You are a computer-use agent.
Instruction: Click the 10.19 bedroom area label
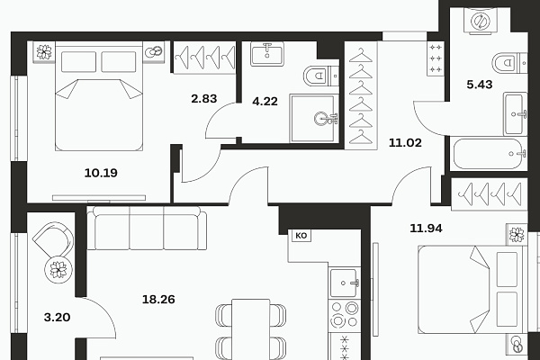101,173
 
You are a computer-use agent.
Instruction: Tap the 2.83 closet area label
204,99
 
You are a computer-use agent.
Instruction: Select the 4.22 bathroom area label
265,102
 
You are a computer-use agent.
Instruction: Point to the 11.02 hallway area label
405,142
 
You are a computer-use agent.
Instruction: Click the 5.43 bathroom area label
480,85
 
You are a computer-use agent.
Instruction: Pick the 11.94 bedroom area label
426,228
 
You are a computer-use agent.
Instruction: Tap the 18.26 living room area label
158,300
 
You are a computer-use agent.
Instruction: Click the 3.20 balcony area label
58,318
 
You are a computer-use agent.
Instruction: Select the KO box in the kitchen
301,236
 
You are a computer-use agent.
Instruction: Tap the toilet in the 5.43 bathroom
509,63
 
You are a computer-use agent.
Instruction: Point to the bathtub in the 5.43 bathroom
489,154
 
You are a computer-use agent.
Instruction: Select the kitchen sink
344,283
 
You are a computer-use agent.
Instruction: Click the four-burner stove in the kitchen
345,314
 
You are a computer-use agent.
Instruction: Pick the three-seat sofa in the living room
147,228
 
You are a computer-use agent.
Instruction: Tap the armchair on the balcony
54,239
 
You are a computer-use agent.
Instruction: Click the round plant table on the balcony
58,270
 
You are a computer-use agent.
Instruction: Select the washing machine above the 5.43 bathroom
481,21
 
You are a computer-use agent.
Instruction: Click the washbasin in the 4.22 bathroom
267,54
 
